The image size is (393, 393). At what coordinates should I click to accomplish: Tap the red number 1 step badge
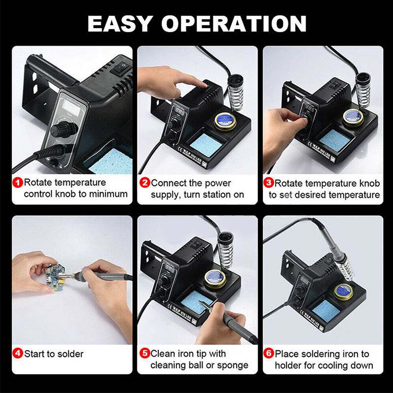(x=18, y=183)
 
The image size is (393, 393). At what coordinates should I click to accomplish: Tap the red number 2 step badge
(x=144, y=183)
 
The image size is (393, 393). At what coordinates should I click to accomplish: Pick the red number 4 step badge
(x=18, y=353)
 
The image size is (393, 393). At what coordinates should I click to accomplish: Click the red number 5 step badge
(x=144, y=353)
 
